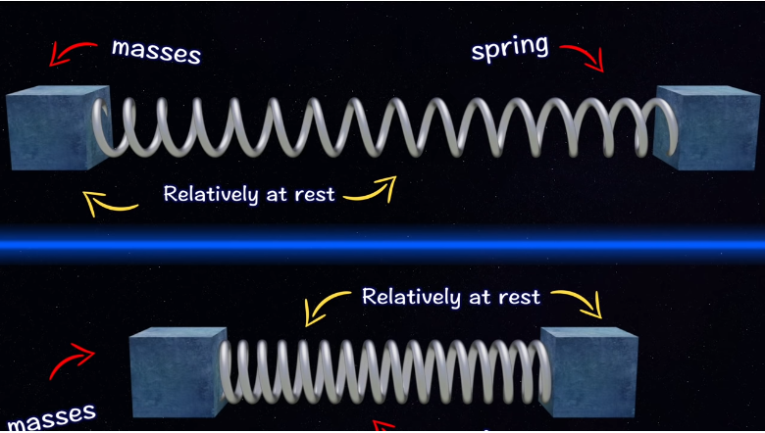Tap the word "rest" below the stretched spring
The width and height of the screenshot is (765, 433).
tap(315, 194)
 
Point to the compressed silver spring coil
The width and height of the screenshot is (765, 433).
tap(382, 372)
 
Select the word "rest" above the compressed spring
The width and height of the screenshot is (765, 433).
tap(516, 296)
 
